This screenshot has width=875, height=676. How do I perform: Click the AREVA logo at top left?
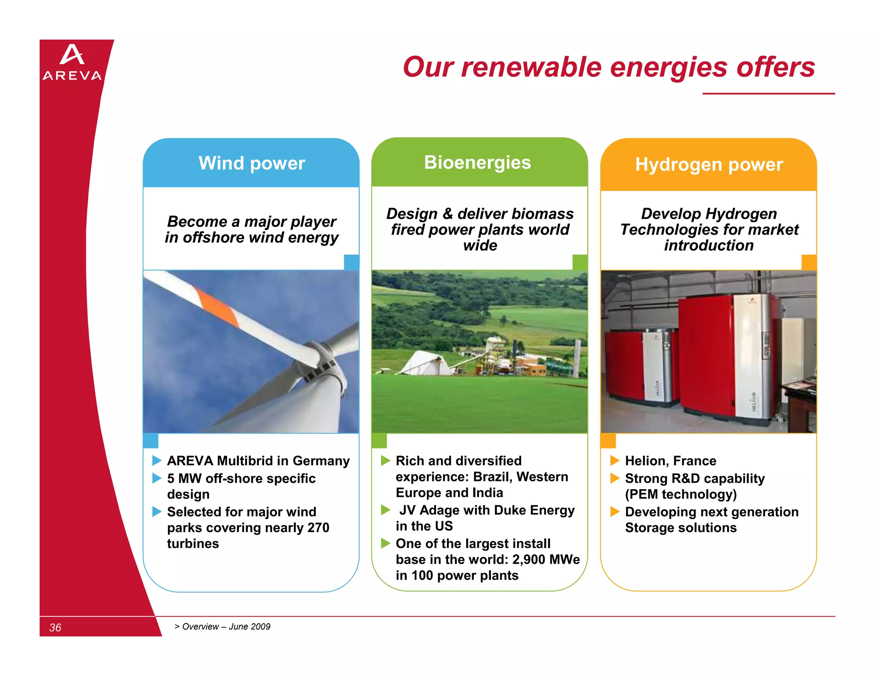[72, 62]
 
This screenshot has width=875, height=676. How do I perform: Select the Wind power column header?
[252, 164]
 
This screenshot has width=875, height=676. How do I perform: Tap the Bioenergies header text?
[477, 163]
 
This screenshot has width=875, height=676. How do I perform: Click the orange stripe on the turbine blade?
[217, 307]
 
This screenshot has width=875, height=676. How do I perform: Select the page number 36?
[55, 627]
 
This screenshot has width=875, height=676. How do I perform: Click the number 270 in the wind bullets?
[318, 528]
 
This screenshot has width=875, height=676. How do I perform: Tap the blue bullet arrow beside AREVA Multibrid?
[157, 461]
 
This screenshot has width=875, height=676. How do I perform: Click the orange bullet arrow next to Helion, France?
[615, 461]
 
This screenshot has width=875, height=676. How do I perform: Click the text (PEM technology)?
[681, 494]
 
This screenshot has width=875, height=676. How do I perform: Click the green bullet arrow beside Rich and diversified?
[385, 461]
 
